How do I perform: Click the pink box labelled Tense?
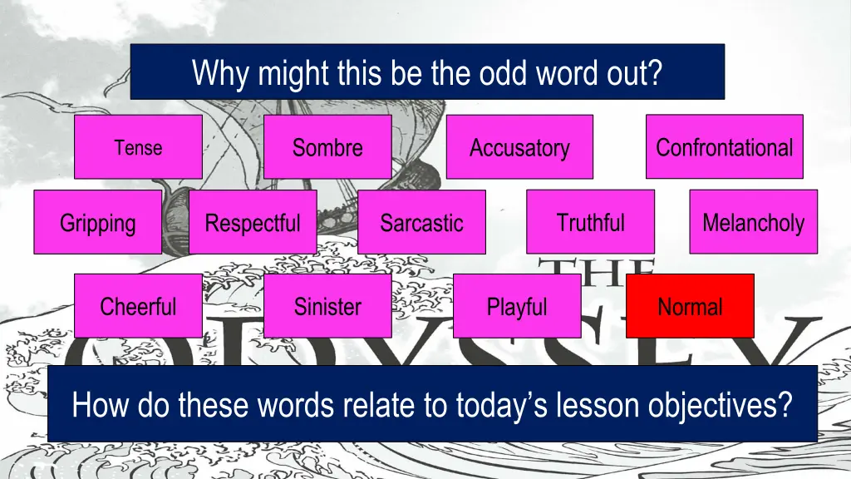coord(138,147)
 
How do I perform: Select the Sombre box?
coord(327,147)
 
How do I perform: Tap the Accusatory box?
coord(519,147)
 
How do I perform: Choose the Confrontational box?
coord(724,147)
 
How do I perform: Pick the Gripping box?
coord(97,222)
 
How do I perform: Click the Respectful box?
coord(253,222)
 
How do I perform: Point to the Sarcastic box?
coord(421,222)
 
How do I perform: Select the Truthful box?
coord(590,222)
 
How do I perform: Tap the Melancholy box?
coord(753,222)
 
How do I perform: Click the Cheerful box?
coord(138,306)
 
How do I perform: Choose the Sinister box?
coord(327,306)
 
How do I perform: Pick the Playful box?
coord(517,306)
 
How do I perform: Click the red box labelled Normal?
coord(690,306)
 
